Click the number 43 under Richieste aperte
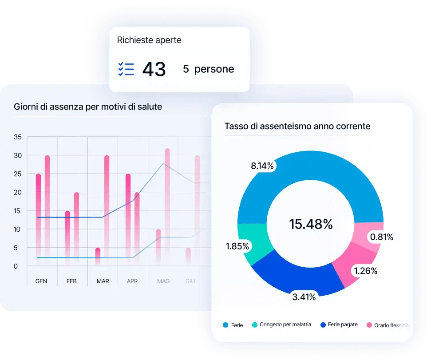[154, 69]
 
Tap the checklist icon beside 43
[126, 69]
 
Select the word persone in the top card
[214, 69]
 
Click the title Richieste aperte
[149, 40]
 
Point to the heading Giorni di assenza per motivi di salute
[88, 107]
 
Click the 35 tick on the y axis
[18, 137]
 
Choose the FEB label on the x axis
[71, 281]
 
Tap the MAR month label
[103, 281]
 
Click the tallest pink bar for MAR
[107, 209]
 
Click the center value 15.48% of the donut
[311, 224]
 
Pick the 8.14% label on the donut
[262, 166]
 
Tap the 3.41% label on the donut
[304, 297]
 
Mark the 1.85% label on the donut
[237, 246]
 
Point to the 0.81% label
[382, 237]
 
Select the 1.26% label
[365, 270]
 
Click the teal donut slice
[251, 242]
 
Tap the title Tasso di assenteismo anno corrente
[297, 127]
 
